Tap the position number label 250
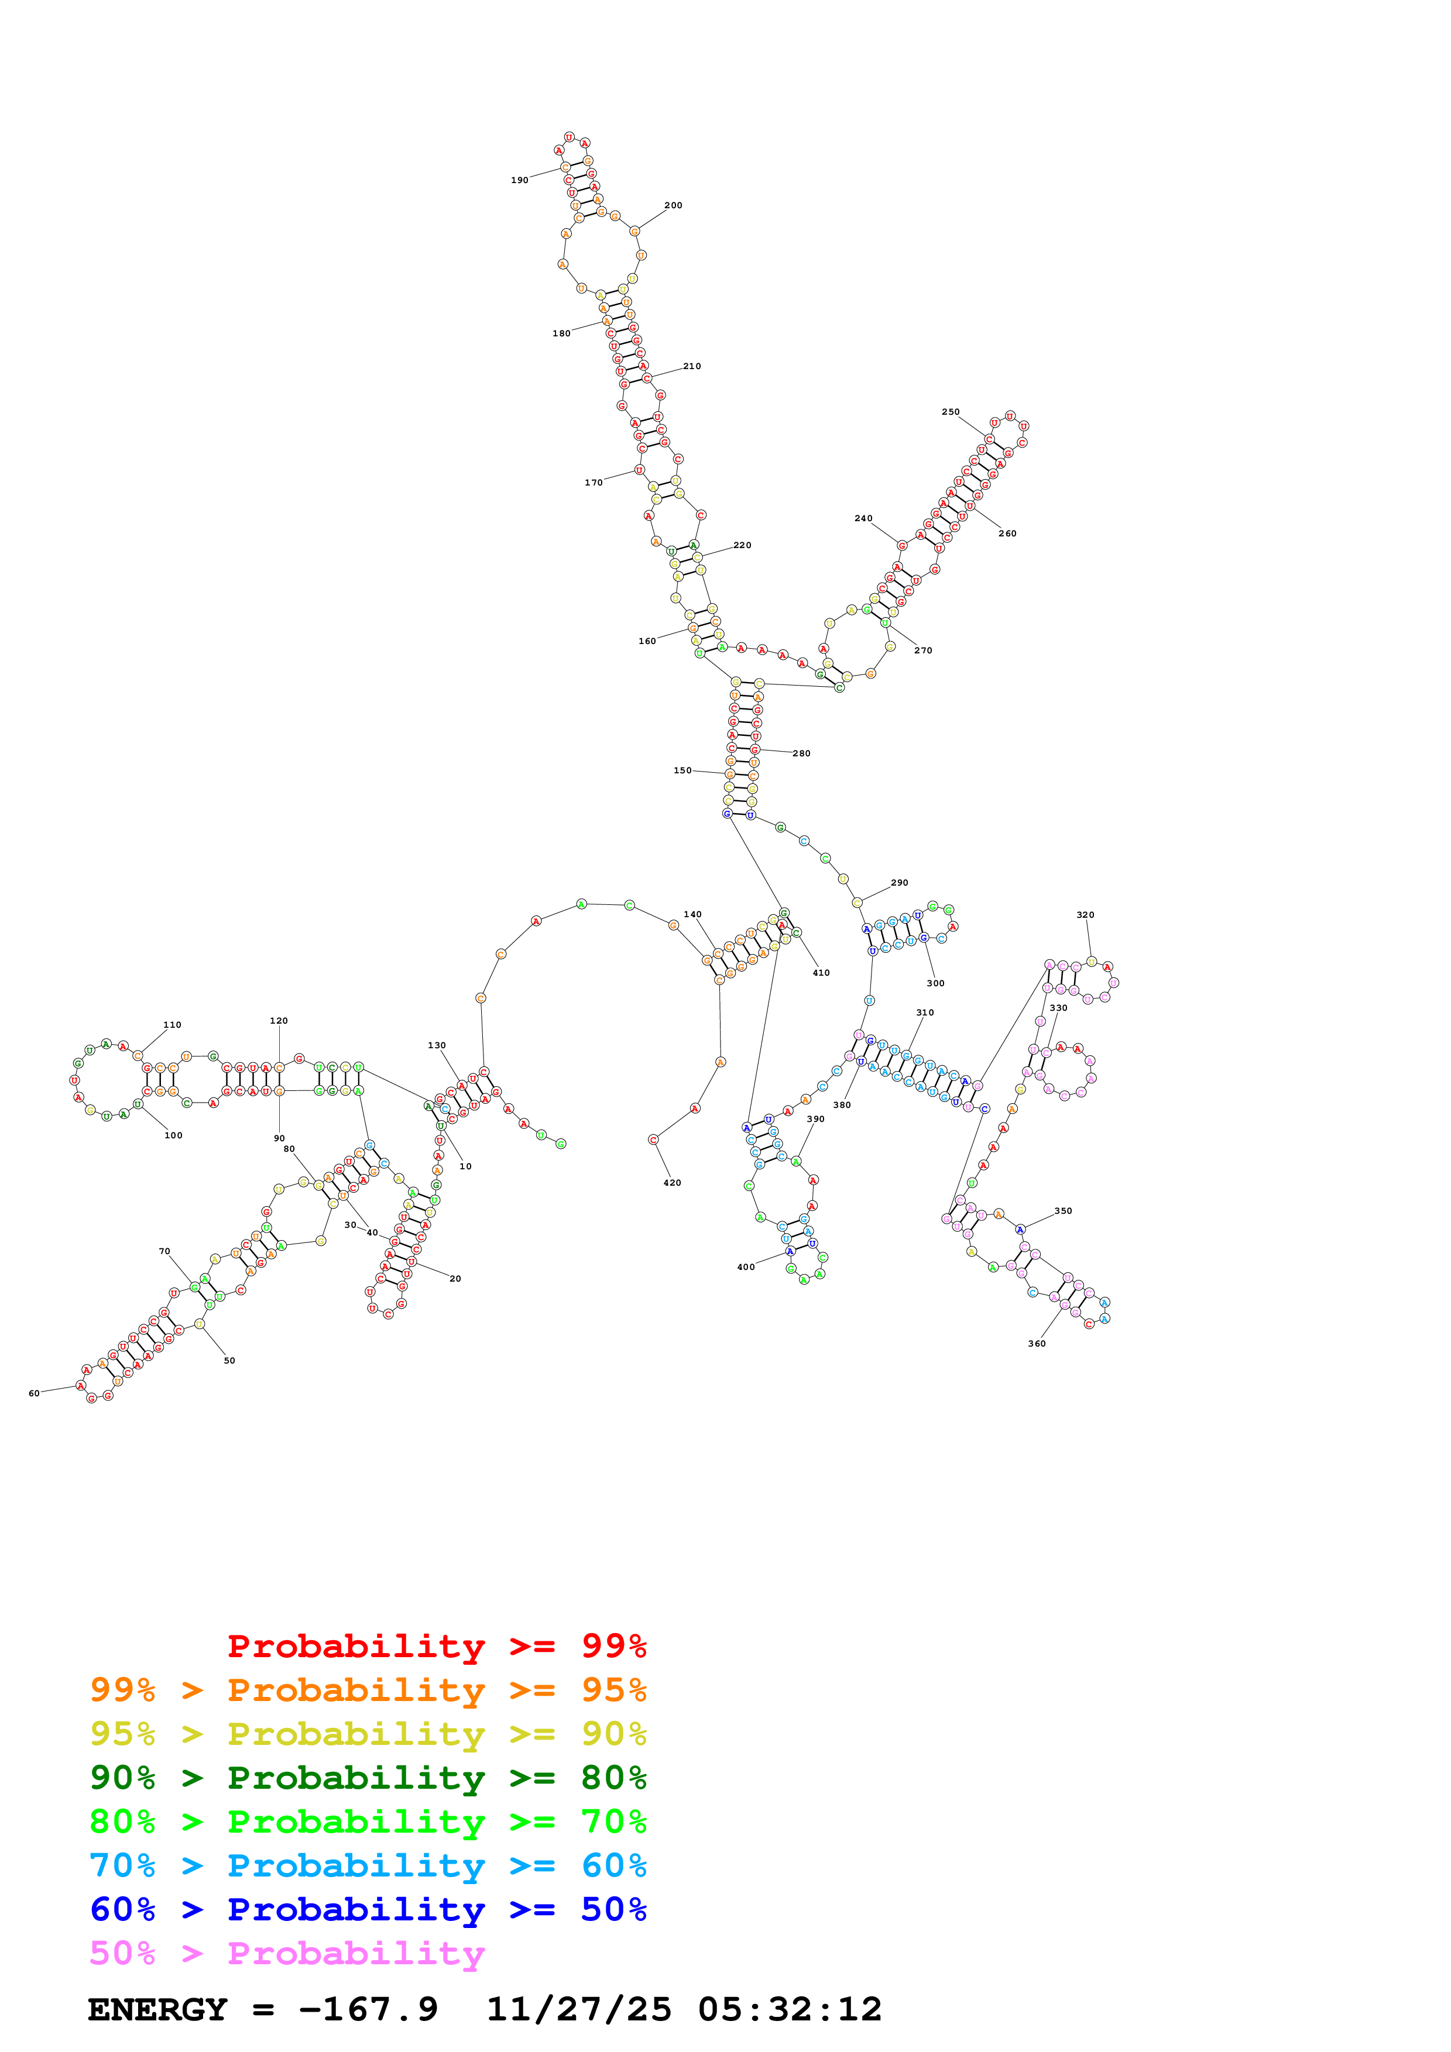[951, 412]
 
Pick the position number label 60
[34, 1393]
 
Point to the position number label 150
[682, 770]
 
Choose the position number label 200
[673, 205]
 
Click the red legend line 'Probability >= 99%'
[436, 1646]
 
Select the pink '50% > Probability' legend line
[287, 1954]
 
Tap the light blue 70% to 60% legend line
[368, 1866]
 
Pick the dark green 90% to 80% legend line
[368, 1778]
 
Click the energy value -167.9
[368, 2010]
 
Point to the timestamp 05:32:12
[790, 2010]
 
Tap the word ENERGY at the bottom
[157, 2010]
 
